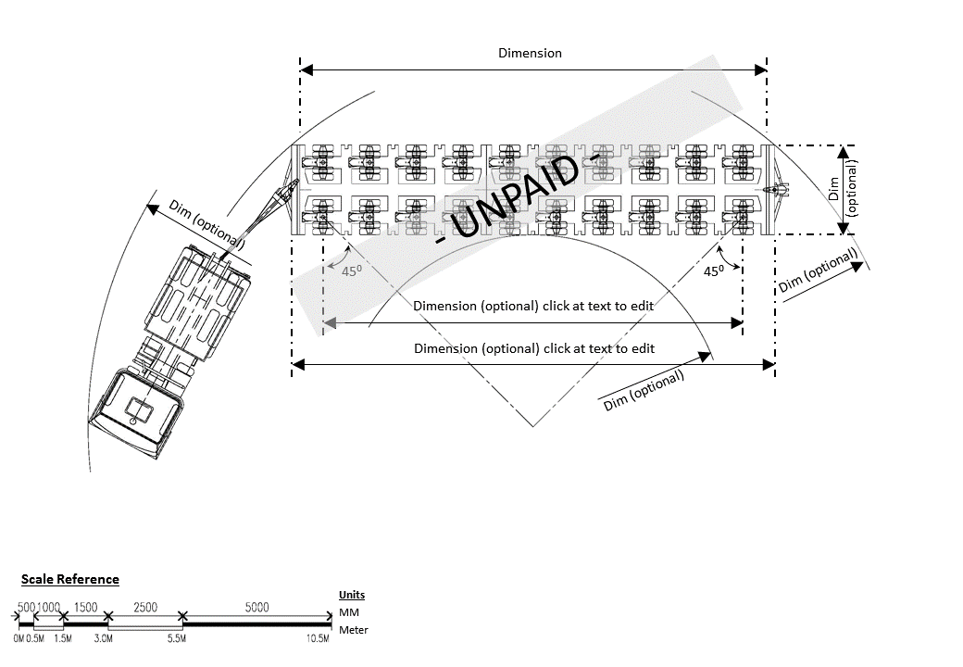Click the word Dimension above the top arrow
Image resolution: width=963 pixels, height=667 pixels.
[x=530, y=53]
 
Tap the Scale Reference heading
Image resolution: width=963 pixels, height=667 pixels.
[x=70, y=579]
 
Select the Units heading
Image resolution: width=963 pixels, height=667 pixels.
[x=352, y=595]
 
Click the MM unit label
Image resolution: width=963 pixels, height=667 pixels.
[x=348, y=612]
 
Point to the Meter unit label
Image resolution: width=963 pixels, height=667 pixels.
[x=354, y=630]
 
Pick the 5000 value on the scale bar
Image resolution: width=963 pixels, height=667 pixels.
[x=256, y=607]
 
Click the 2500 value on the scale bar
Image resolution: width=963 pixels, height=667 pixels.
[x=145, y=607]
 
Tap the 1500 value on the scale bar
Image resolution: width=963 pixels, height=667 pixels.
[x=85, y=607]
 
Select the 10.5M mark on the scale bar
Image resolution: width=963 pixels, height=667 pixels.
[x=319, y=638]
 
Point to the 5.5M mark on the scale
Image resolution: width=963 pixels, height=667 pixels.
[x=176, y=638]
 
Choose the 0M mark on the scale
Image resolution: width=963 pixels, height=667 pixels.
[x=19, y=638]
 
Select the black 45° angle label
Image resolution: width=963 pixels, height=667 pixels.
[x=713, y=271]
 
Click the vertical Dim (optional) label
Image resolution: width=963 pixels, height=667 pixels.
[x=844, y=190]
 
